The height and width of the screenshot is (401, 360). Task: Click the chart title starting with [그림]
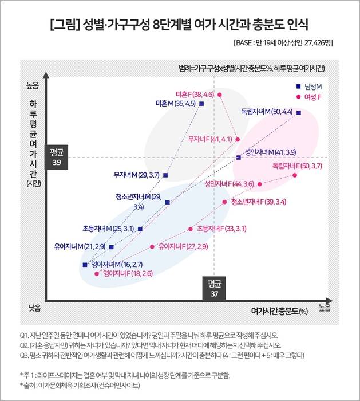[x=179, y=25]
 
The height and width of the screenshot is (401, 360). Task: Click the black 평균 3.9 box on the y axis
[x=56, y=157]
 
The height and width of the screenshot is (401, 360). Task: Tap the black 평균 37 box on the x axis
[x=215, y=288]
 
